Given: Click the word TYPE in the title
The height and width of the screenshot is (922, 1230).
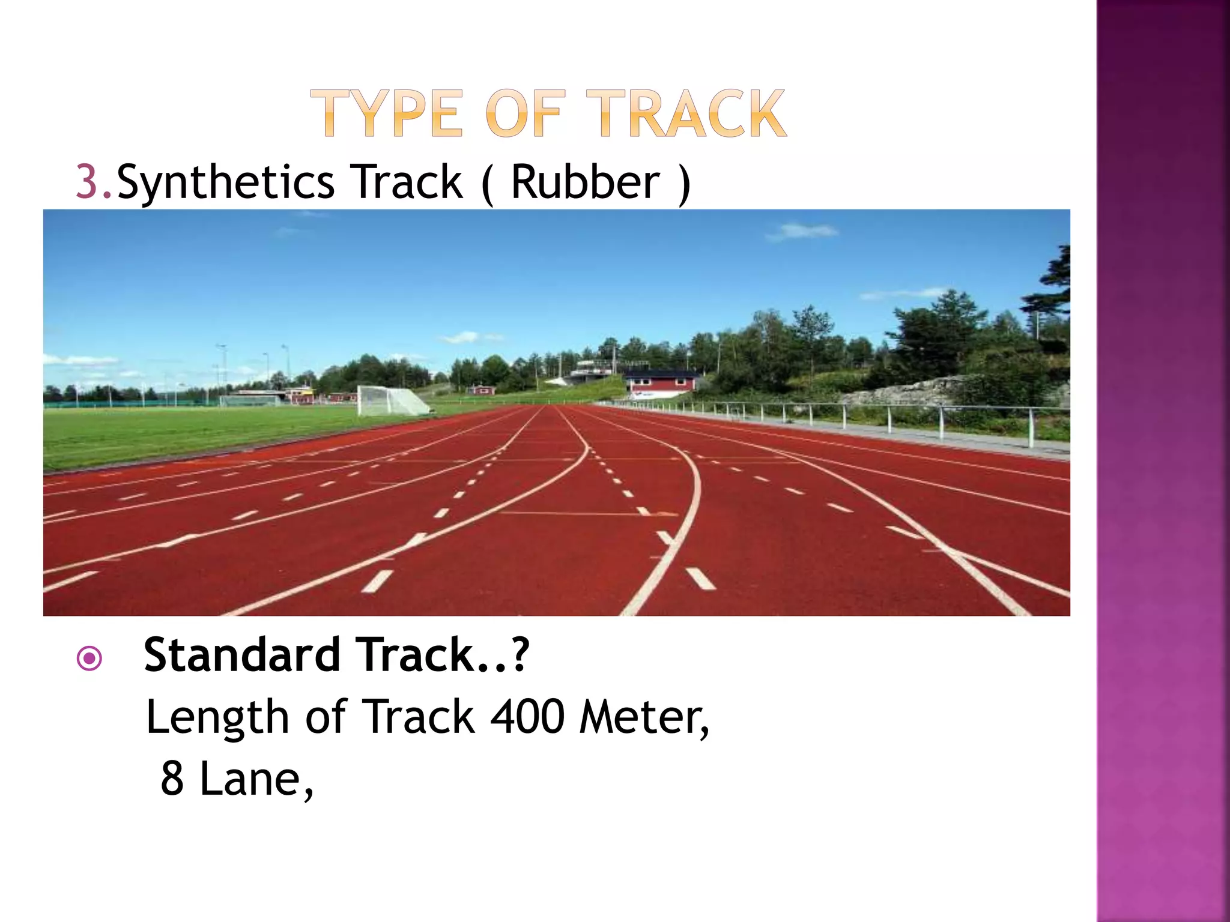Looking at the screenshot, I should point(387,113).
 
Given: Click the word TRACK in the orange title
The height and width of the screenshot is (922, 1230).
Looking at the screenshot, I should point(685,113).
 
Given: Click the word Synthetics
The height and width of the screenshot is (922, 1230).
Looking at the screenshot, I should point(226,182).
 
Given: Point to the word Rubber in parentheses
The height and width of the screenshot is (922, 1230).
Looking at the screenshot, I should point(585,181).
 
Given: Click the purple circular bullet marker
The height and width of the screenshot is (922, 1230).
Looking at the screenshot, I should point(89,659).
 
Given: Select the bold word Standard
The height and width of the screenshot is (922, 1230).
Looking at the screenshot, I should point(242,654).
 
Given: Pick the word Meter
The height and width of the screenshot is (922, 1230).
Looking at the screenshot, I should point(643,717).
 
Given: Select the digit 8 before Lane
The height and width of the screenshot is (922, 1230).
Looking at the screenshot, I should point(172,779).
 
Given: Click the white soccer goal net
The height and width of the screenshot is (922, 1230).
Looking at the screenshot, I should point(390,400).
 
